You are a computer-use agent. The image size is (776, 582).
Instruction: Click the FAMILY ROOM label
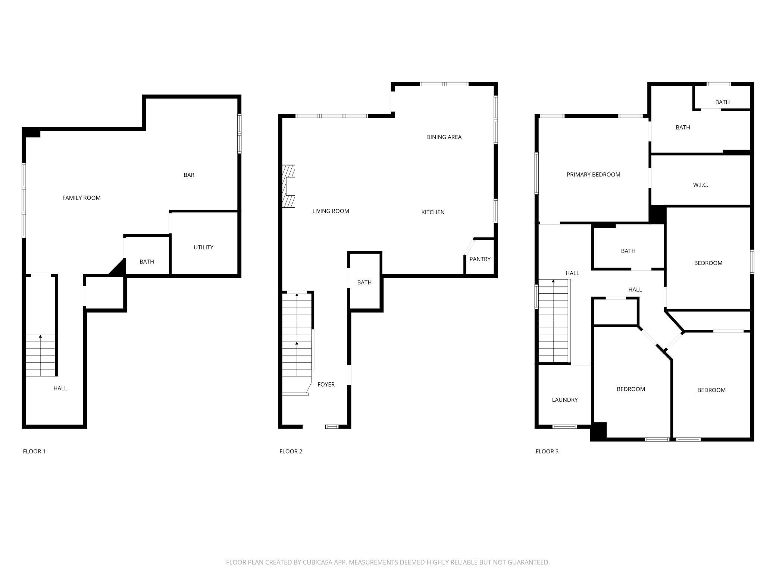point(81,198)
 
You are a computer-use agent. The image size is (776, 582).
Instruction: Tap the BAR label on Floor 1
point(189,175)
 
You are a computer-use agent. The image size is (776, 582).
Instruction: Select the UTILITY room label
point(203,247)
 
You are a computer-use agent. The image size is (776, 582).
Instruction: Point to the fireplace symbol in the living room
point(288,186)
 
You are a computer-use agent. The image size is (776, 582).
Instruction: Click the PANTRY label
point(480,259)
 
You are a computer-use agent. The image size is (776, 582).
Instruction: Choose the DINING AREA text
point(444,137)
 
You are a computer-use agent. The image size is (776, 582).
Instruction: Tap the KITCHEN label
point(433,212)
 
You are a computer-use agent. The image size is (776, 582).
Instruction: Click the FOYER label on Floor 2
point(326,384)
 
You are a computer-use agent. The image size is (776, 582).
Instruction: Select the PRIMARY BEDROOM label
point(593,174)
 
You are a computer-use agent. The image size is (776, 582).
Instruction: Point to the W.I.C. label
point(700,185)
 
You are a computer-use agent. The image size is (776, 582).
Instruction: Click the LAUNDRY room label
point(564,400)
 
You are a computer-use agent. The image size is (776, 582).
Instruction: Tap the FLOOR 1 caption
point(34,451)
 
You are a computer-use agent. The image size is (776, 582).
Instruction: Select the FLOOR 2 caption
point(291,451)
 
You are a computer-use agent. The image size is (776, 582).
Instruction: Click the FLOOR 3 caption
point(547,451)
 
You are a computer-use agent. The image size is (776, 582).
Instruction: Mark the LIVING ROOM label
point(331,211)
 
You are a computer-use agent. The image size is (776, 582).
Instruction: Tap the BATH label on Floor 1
point(147,262)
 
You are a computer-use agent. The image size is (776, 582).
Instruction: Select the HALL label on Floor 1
point(60,388)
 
